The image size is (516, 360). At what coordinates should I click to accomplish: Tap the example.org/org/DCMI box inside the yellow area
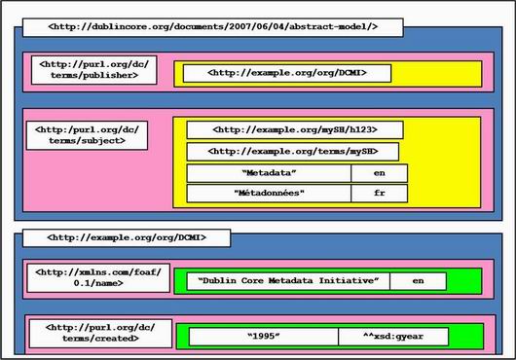pos(286,72)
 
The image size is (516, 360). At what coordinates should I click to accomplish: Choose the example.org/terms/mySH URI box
pos(293,151)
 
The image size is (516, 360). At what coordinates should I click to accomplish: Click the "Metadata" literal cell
pos(268,173)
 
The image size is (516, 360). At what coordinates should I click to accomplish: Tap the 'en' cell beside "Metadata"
pos(379,173)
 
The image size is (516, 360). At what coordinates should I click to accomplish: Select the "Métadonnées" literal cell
pos(268,194)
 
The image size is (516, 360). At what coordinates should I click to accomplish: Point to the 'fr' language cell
pos(379,194)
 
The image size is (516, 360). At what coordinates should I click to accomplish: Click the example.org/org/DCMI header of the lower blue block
pos(126,237)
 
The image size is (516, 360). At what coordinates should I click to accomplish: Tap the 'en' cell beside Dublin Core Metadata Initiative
pos(418,281)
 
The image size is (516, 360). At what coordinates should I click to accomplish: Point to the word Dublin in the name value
pos(224,281)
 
